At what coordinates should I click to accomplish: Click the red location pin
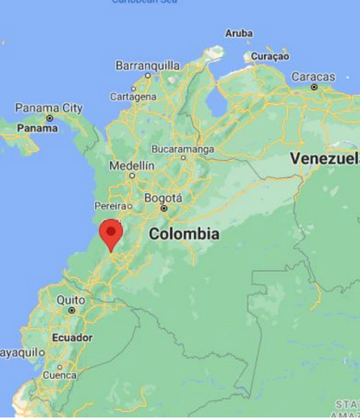(111, 233)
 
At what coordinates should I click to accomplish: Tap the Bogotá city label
(163, 198)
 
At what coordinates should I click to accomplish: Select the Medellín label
(132, 165)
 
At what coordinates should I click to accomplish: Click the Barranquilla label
(148, 65)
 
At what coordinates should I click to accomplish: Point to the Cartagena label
(133, 96)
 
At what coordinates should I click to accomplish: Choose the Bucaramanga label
(182, 149)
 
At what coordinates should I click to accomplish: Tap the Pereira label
(110, 207)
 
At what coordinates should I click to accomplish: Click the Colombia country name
(183, 234)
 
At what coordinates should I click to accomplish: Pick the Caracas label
(312, 76)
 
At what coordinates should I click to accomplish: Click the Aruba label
(239, 33)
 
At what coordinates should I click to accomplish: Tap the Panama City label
(48, 107)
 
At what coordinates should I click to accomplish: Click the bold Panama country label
(37, 128)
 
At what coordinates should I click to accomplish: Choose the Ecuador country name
(72, 337)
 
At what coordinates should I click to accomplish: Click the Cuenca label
(60, 375)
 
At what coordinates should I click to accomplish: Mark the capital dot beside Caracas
(314, 87)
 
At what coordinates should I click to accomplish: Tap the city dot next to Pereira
(130, 207)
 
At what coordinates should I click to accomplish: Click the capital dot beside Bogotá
(164, 209)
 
